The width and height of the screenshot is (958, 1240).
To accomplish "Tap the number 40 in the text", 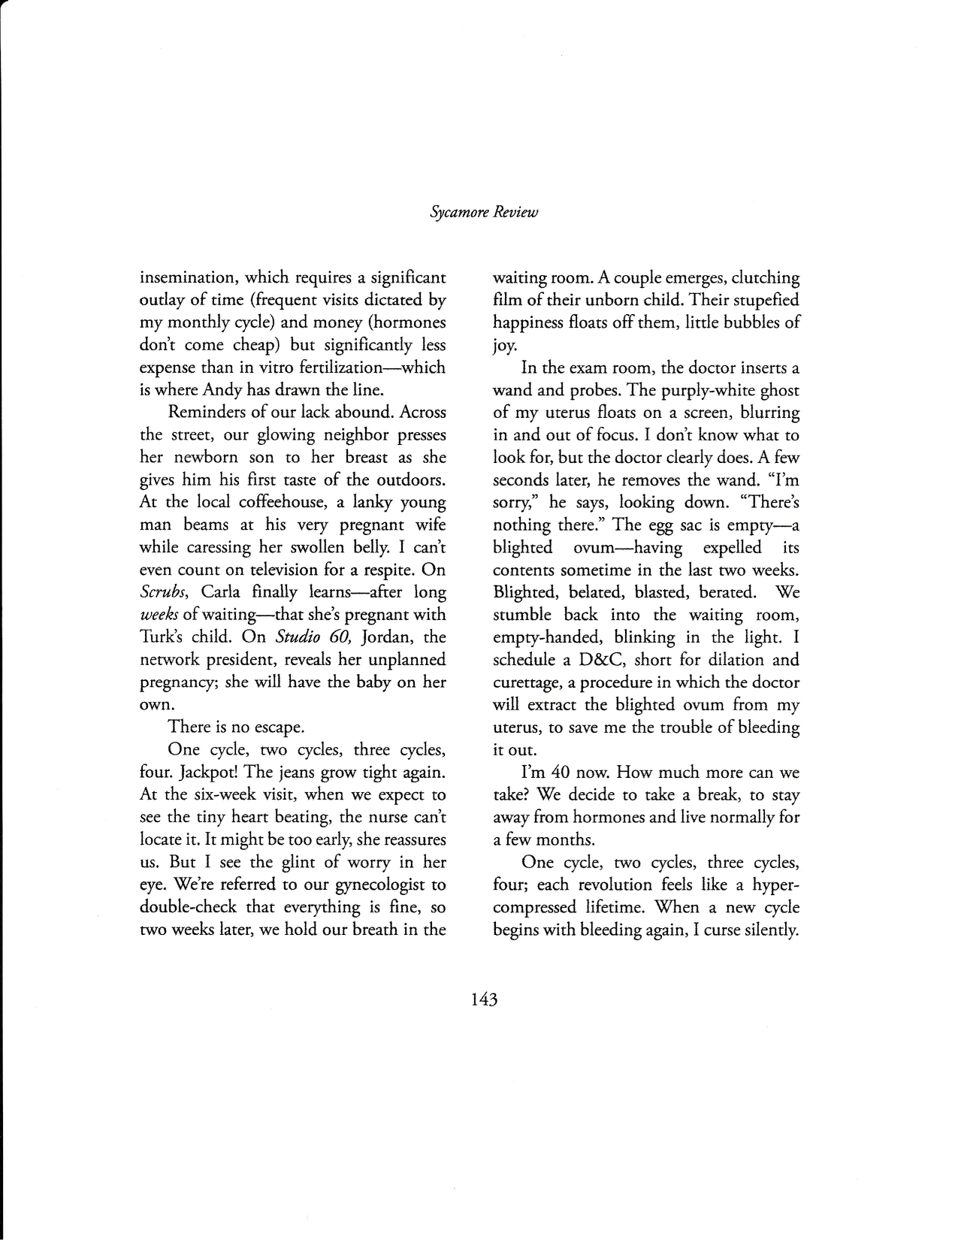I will point(564,772).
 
